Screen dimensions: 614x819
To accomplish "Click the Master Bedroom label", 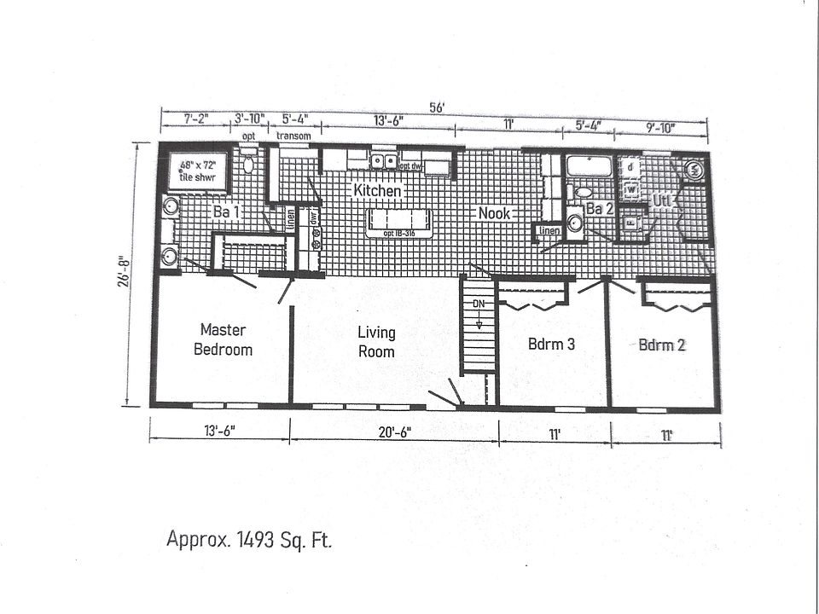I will [x=223, y=339].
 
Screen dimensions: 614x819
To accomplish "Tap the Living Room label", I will [x=376, y=342].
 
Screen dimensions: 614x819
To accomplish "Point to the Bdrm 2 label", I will [x=663, y=345].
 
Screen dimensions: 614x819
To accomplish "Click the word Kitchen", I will [x=377, y=191].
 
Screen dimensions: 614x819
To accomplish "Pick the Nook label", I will [x=494, y=212].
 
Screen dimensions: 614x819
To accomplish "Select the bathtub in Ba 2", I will [x=590, y=166].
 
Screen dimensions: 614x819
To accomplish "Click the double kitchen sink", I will [x=382, y=160].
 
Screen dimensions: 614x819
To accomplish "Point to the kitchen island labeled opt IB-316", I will [x=399, y=223].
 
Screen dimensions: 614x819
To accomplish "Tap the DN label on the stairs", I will [x=479, y=304].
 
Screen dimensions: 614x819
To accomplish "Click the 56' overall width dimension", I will [x=437, y=108].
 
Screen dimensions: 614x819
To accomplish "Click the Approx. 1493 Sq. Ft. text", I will [x=249, y=539].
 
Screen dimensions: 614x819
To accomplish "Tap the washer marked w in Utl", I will [x=632, y=188].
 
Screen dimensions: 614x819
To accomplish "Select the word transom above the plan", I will [x=293, y=136].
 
